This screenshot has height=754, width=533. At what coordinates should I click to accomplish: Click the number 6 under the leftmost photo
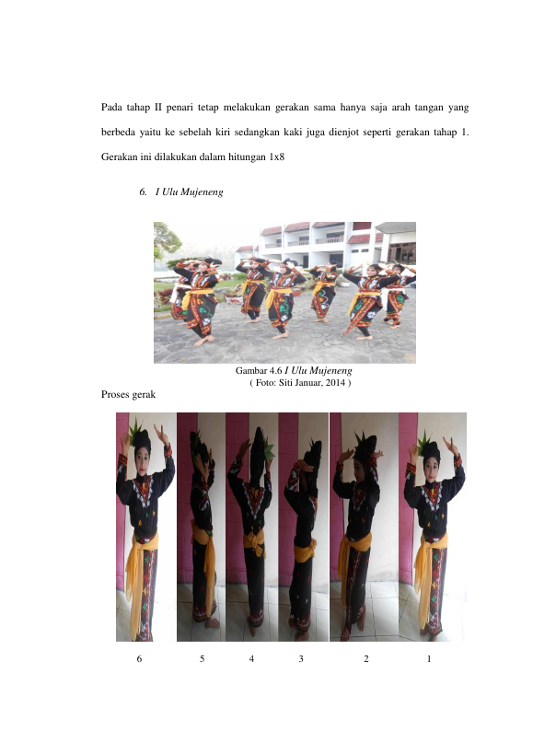click(x=139, y=659)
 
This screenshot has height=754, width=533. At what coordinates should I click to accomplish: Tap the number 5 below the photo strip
click(x=203, y=659)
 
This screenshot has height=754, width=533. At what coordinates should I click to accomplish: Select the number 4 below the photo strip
click(x=251, y=659)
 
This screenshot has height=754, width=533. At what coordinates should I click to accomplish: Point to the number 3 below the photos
click(x=301, y=659)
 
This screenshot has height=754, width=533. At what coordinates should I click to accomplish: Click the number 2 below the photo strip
click(x=366, y=659)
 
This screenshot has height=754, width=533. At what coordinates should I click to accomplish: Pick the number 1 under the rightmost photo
click(x=429, y=659)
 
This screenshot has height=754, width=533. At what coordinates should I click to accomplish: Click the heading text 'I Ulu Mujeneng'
click(x=189, y=191)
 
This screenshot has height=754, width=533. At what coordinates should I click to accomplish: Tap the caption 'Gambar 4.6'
click(x=259, y=370)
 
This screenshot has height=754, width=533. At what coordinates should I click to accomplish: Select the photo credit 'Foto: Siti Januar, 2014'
click(x=300, y=383)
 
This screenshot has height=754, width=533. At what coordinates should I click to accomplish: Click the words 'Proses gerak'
click(x=128, y=395)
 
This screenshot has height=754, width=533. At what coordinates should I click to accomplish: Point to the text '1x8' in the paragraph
click(x=276, y=157)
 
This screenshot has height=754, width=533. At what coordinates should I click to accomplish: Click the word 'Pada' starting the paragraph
click(x=111, y=107)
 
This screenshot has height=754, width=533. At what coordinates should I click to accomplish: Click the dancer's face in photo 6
click(x=143, y=460)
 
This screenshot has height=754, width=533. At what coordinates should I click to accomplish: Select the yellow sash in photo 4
click(x=253, y=542)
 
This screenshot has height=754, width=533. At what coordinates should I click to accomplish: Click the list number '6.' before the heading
click(x=144, y=191)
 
